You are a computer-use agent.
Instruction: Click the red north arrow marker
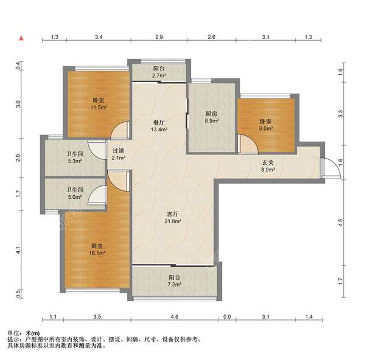[21, 38]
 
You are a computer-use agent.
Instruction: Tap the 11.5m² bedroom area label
[99, 104]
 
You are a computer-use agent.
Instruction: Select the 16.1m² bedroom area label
[97, 249]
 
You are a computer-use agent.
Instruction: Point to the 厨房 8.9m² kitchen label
[211, 117]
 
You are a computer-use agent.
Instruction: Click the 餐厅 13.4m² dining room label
[159, 126]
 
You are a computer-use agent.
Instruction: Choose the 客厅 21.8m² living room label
[173, 218]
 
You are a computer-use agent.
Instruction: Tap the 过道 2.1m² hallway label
[119, 154]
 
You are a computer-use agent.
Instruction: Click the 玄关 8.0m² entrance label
[268, 166]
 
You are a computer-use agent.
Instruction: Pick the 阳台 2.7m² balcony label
[159, 72]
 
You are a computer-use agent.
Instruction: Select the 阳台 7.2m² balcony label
[175, 281]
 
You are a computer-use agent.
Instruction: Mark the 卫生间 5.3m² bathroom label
[75, 157]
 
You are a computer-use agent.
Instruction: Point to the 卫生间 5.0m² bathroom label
[75, 193]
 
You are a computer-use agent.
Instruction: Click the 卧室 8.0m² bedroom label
[266, 125]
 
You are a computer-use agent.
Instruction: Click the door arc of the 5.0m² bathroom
[92, 192]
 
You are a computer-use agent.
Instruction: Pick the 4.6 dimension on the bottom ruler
[175, 316]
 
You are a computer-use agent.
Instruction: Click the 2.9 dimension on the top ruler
[159, 36]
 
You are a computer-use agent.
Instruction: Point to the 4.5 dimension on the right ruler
[341, 223]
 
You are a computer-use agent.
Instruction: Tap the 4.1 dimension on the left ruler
[18, 251]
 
